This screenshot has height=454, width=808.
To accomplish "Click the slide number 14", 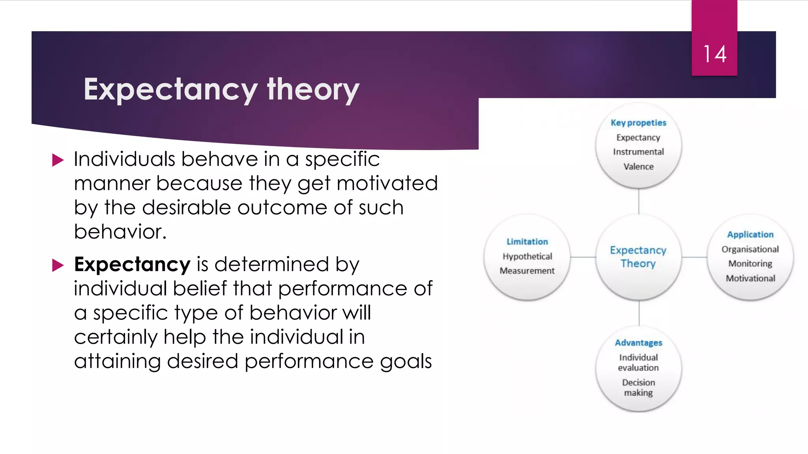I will [714, 54].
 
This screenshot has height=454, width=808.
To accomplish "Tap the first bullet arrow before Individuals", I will [58, 160].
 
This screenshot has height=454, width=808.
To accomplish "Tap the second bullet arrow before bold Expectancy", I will [58, 265].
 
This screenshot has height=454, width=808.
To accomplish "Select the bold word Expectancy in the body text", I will [132, 264].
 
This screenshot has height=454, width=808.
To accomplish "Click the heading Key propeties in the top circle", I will [638, 123].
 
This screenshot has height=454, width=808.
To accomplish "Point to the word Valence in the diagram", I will [638, 167].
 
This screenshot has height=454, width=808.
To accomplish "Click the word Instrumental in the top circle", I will [638, 152].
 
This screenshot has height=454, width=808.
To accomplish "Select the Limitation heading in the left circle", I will [527, 242].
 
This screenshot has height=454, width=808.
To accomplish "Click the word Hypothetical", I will [527, 257].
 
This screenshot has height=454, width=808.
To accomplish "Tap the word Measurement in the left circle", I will [527, 271].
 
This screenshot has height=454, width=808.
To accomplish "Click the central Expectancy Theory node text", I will [638, 257].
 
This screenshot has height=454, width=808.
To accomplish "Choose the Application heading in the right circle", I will [750, 235].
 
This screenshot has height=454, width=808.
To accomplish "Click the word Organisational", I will [750, 249].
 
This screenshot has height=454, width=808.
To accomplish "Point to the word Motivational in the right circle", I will [750, 279].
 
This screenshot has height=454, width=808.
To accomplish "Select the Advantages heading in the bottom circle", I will [638, 343].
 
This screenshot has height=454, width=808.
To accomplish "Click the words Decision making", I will [638, 388].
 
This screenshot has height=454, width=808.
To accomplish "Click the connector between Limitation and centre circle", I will [583, 257].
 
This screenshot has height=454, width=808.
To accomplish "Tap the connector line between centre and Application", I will [694, 257].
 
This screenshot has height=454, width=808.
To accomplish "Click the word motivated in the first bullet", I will [387, 184].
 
